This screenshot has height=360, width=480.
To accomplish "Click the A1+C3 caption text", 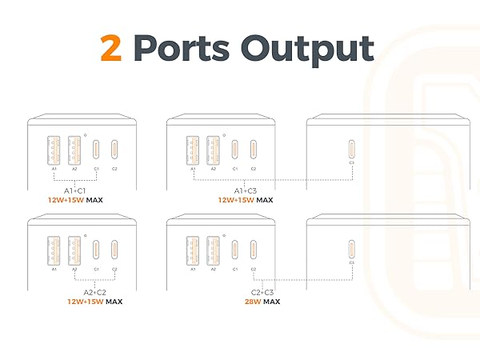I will point(245,190).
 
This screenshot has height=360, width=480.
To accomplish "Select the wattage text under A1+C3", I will point(245,200).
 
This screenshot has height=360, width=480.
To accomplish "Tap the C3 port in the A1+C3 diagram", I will point(352,150).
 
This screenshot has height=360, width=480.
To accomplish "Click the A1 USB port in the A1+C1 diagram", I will point(54,150).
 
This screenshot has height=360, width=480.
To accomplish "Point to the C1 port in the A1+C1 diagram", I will point(96,150).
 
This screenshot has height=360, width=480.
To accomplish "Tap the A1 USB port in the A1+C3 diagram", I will point(193,150).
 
